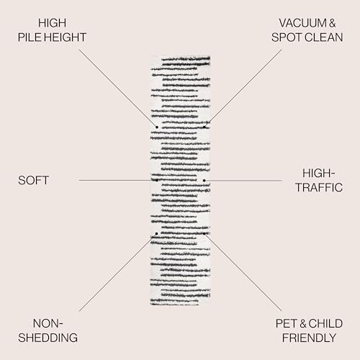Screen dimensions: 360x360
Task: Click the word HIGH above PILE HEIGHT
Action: pyautogui.click(x=52, y=23)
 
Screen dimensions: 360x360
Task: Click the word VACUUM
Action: pyautogui.click(x=302, y=23)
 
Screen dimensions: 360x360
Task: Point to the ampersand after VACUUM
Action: pyautogui.click(x=332, y=23)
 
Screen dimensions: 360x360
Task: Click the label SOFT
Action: pyautogui.click(x=34, y=180)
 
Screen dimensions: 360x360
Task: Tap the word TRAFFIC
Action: pyautogui.click(x=319, y=187)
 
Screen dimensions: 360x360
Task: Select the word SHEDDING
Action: pyautogui.click(x=48, y=338)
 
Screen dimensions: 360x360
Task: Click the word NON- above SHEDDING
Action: pyautogui.click(x=48, y=323)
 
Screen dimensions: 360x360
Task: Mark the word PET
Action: pyautogui.click(x=287, y=323)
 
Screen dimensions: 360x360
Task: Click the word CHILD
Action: pyautogui.click(x=325, y=323)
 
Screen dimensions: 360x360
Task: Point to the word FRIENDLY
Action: pyautogui.click(x=309, y=338)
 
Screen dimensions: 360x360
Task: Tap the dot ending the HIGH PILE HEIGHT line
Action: pyautogui.click(x=157, y=127)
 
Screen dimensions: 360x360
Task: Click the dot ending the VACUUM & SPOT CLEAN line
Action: pyautogui.click(x=204, y=127)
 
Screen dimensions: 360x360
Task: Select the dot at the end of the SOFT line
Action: pyautogui.click(x=157, y=180)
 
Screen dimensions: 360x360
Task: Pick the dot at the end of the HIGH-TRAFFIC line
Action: pyautogui.click(x=204, y=180)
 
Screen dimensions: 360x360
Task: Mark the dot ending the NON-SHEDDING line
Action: pyautogui.click(x=156, y=233)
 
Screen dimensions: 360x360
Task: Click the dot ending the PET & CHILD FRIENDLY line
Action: pyautogui.click(x=204, y=233)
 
